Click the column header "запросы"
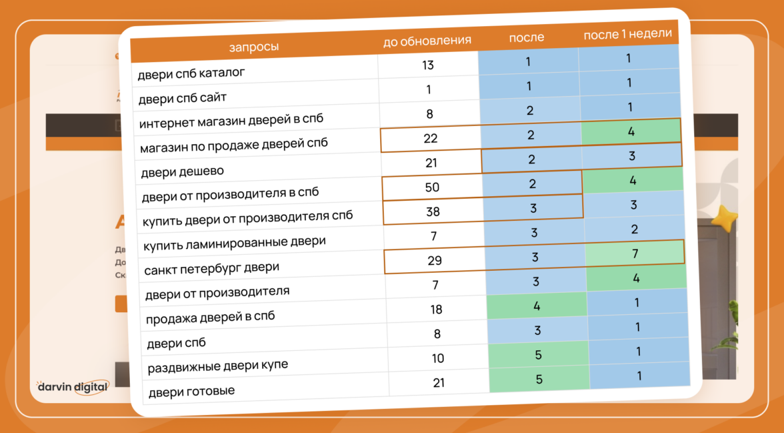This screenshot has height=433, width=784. pyautogui.click(x=254, y=47)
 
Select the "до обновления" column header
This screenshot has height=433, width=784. pyautogui.click(x=427, y=41)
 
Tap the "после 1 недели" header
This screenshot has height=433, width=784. pyautogui.click(x=627, y=34)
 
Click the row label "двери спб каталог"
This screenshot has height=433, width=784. pyautogui.click(x=191, y=72)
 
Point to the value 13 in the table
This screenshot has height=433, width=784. pyautogui.click(x=428, y=65)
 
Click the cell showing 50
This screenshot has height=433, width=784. pyautogui.click(x=432, y=187)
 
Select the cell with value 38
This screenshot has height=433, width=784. pyautogui.click(x=433, y=211)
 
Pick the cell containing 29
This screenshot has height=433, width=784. pyautogui.click(x=435, y=261)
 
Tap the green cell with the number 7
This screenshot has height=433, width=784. pyautogui.click(x=635, y=254)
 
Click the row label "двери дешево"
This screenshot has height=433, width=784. pyautogui.click(x=183, y=171)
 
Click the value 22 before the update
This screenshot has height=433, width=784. pyautogui.click(x=430, y=138)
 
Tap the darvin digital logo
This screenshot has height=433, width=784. pyautogui.click(x=73, y=387)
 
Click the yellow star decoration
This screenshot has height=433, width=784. pyautogui.click(x=723, y=218)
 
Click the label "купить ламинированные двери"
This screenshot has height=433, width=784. pyautogui.click(x=235, y=243)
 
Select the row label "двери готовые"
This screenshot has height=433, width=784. pyautogui.click(x=191, y=390)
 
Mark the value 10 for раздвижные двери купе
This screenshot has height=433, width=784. pyautogui.click(x=438, y=358)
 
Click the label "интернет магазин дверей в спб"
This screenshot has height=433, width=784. pyautogui.click(x=231, y=121)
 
